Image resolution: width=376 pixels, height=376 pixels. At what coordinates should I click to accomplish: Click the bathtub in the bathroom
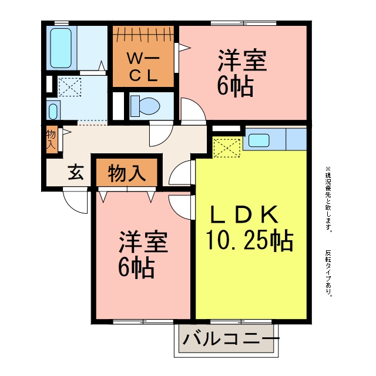[61, 48]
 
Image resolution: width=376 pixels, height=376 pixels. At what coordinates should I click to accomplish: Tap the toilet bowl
[145, 106]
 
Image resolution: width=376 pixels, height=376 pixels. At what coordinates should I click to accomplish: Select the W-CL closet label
[143, 67]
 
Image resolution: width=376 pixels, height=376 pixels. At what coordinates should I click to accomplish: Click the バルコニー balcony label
[231, 339]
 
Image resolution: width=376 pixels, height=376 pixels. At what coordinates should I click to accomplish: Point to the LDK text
[244, 215]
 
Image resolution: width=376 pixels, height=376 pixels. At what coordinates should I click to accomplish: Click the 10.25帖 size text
[249, 240]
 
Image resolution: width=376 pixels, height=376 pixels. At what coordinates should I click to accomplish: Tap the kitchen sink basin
[258, 140]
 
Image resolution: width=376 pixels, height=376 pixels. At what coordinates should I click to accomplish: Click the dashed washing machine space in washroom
[70, 87]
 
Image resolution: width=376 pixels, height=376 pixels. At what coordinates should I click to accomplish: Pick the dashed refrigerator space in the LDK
[227, 148]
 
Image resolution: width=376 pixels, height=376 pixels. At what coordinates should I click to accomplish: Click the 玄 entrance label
[76, 172]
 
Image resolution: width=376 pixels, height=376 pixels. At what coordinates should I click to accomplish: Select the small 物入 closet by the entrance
[52, 140]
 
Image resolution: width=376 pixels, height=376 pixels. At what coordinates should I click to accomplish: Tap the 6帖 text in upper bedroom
[235, 87]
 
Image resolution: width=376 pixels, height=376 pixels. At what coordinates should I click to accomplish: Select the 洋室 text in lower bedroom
[143, 241]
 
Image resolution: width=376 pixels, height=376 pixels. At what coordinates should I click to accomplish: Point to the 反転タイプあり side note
[328, 274]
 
